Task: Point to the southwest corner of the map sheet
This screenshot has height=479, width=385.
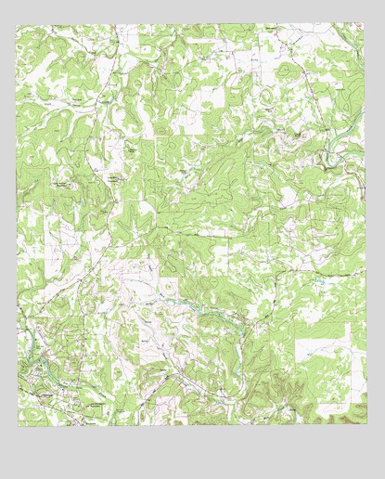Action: (x=18, y=426)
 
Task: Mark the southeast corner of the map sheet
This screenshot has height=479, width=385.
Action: (x=364, y=426)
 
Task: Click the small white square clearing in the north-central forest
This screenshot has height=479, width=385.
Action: (x=212, y=97)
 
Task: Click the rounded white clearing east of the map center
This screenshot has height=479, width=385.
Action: (x=288, y=195)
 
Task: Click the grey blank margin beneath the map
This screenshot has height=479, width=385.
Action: (x=192, y=455)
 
